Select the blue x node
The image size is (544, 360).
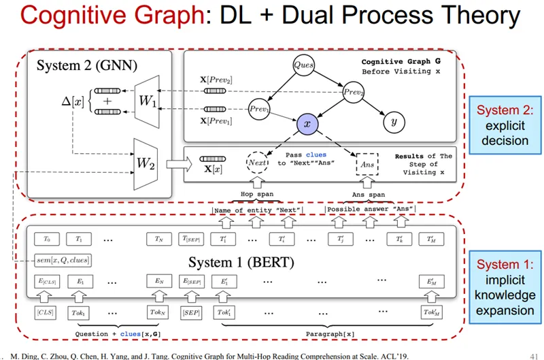(x=307, y=123)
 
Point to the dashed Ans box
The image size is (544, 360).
(x=367, y=164)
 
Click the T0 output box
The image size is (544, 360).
(x=47, y=239)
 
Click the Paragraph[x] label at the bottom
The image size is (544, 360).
(x=329, y=334)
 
